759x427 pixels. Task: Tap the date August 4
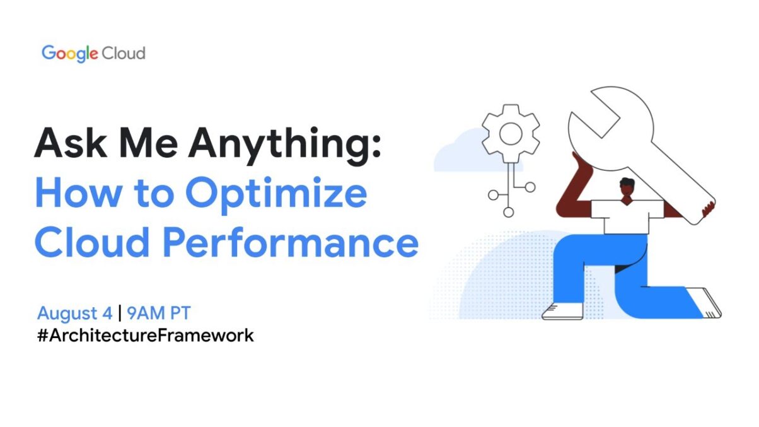coord(75,313)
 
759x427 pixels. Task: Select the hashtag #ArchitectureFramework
coord(146,335)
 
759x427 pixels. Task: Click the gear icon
coord(510,134)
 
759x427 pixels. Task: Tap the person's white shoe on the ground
coord(562,310)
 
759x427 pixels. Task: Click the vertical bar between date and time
coord(119,313)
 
